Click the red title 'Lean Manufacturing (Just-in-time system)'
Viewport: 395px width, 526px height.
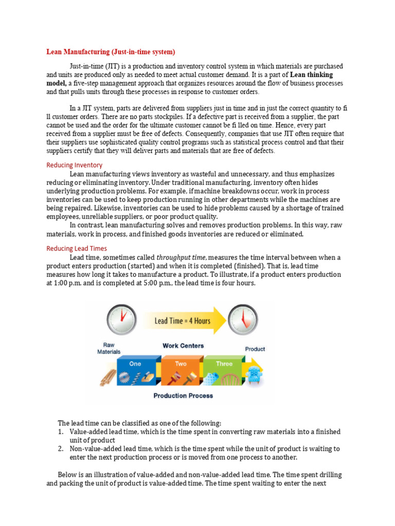pos(111,52)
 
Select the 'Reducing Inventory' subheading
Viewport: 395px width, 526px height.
pos(74,165)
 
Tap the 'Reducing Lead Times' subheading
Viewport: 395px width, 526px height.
pos(77,248)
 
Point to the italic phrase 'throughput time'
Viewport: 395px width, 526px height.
pos(182,257)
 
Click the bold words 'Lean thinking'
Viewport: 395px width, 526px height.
pos(312,75)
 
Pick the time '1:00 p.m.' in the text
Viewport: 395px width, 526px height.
pos(69,283)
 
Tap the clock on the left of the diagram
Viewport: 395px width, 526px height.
pos(121,320)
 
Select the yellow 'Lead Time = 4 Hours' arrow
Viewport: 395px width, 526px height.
pos(183,321)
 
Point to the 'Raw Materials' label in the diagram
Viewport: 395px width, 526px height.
pos(109,348)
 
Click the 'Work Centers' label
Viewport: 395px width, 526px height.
pos(183,346)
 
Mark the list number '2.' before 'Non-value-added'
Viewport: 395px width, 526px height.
pos(60,448)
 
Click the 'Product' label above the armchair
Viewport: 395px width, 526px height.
pos(255,349)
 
